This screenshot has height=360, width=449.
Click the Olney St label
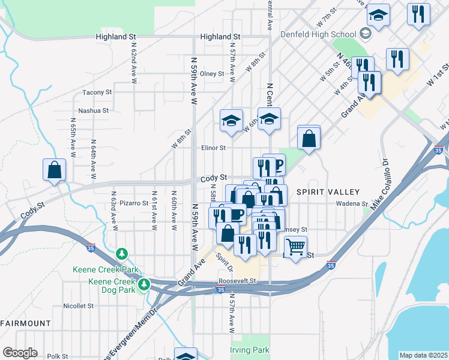click(212, 74)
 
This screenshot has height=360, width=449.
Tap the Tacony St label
click(97, 92)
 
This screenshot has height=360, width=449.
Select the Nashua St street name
click(93, 110)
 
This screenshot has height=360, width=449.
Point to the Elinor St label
click(213, 148)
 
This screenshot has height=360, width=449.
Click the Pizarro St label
click(134, 203)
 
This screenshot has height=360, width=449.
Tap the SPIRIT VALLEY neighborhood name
click(328, 192)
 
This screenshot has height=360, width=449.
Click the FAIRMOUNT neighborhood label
click(25, 323)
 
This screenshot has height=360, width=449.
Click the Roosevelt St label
click(237, 281)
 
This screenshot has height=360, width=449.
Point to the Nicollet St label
click(79, 305)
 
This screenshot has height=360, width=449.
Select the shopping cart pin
click(295, 245)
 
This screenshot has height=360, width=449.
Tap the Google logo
click(20, 353)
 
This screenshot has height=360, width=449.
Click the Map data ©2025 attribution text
click(423, 355)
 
